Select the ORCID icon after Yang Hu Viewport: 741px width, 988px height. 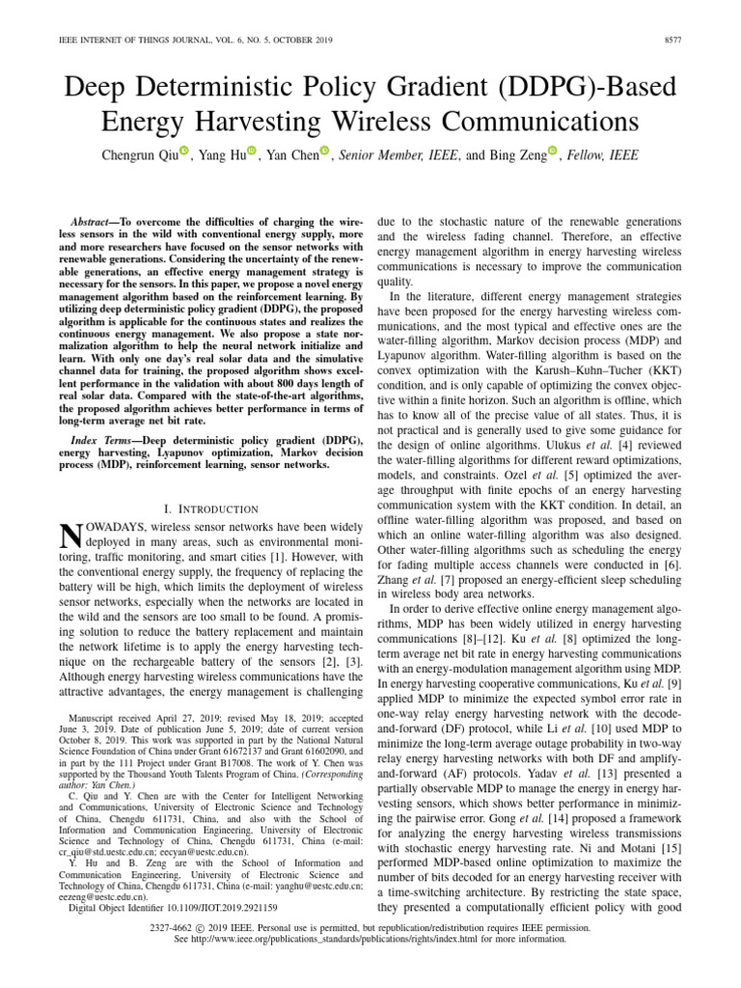(x=252, y=151)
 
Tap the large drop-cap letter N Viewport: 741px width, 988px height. (x=70, y=536)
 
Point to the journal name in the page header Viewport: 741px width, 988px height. (x=140, y=41)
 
